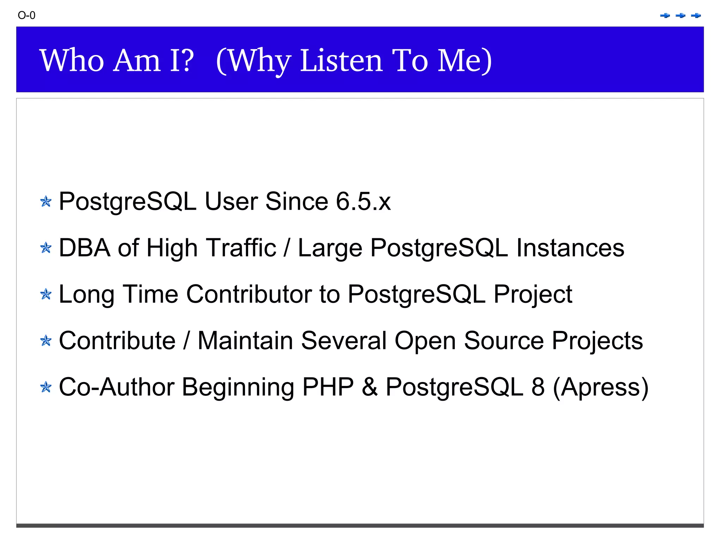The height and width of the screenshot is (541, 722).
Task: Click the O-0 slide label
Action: (26, 16)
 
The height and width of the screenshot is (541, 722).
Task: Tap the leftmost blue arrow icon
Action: (665, 16)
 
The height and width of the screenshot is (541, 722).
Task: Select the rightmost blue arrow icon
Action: (696, 16)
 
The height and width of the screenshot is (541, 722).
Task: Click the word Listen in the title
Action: (341, 61)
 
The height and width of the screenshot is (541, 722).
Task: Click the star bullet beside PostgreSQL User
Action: (46, 202)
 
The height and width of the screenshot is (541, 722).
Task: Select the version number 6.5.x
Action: (363, 202)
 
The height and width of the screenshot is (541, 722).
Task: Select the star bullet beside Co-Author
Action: (46, 387)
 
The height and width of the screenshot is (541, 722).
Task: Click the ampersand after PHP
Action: (369, 387)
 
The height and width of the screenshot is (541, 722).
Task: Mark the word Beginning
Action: (238, 388)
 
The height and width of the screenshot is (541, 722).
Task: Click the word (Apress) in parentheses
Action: (601, 388)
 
